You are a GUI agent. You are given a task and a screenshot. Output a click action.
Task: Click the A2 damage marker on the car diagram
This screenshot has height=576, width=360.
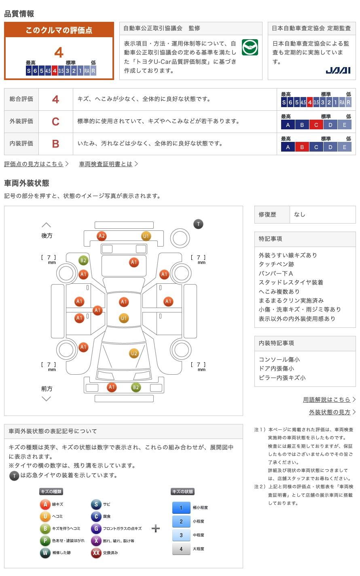(102, 236)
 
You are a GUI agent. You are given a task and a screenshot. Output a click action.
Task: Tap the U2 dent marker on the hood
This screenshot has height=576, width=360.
(134, 353)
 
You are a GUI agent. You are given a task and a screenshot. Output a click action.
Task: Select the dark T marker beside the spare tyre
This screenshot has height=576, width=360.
(198, 224)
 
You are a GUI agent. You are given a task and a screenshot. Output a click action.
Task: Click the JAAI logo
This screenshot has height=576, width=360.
(338, 71)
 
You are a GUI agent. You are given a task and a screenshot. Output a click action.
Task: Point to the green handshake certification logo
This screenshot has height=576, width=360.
(250, 48)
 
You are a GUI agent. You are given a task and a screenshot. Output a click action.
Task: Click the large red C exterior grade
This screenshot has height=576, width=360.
(56, 122)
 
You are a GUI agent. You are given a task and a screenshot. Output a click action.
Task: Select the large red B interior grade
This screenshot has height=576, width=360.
(56, 144)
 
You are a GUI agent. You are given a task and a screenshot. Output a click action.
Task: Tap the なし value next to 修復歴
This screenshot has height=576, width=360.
(300, 215)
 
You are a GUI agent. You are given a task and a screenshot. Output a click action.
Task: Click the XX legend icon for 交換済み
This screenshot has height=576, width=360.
(96, 553)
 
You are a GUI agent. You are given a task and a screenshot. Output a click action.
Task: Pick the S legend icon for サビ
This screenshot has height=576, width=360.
(96, 504)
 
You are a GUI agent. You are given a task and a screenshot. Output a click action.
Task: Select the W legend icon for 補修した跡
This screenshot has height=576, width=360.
(45, 553)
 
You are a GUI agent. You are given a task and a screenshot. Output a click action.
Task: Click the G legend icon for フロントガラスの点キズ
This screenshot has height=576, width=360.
(96, 528)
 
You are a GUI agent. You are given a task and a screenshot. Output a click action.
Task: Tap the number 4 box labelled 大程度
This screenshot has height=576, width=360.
(181, 549)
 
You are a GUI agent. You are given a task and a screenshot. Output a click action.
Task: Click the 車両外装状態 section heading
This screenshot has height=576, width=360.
(27, 183)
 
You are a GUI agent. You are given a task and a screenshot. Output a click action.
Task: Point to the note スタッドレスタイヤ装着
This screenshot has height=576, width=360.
(291, 282)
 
